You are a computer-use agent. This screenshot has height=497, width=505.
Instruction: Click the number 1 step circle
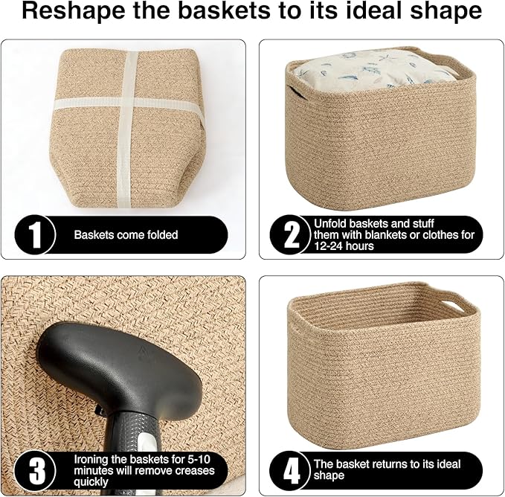click(34, 235)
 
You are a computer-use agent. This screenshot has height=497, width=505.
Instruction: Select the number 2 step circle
click(292, 235)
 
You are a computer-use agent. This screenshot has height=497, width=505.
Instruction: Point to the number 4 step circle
click(292, 470)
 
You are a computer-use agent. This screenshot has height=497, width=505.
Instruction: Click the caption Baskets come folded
click(126, 235)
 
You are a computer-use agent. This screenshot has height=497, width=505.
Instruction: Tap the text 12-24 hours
click(344, 246)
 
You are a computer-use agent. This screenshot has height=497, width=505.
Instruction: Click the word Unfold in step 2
click(329, 223)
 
